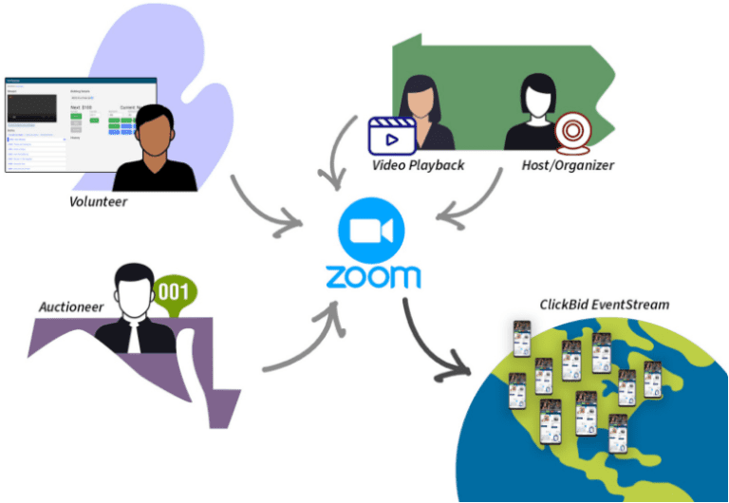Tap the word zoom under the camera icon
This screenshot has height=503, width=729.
click(x=373, y=276)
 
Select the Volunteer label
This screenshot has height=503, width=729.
click(x=99, y=202)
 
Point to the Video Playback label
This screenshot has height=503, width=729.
click(x=418, y=165)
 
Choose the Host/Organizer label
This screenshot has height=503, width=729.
click(x=568, y=165)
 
